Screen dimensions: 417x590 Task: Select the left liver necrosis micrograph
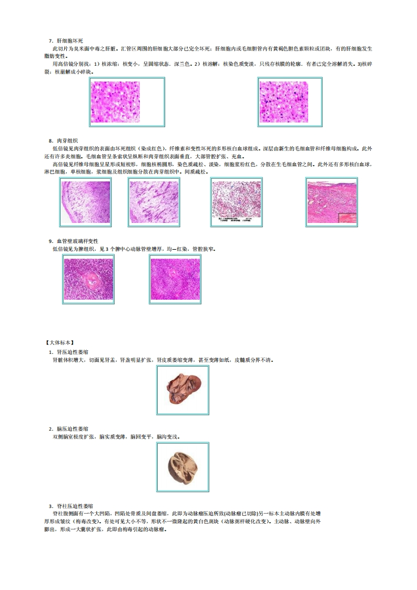[x=127, y=101]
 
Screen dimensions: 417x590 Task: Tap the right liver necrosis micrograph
[x=290, y=101]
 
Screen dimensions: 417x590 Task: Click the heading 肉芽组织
[x=67, y=141]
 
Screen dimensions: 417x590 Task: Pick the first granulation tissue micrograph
[x=85, y=202]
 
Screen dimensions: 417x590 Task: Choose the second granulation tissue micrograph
[x=154, y=202]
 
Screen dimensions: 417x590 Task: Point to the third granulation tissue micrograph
[x=236, y=202]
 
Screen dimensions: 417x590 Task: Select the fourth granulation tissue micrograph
[x=331, y=202]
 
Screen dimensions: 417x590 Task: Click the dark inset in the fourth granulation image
[x=347, y=219]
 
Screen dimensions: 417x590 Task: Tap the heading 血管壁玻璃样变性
[x=77, y=241]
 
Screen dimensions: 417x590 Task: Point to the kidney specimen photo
[x=182, y=390]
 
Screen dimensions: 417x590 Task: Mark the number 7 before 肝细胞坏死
[x=51, y=40]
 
